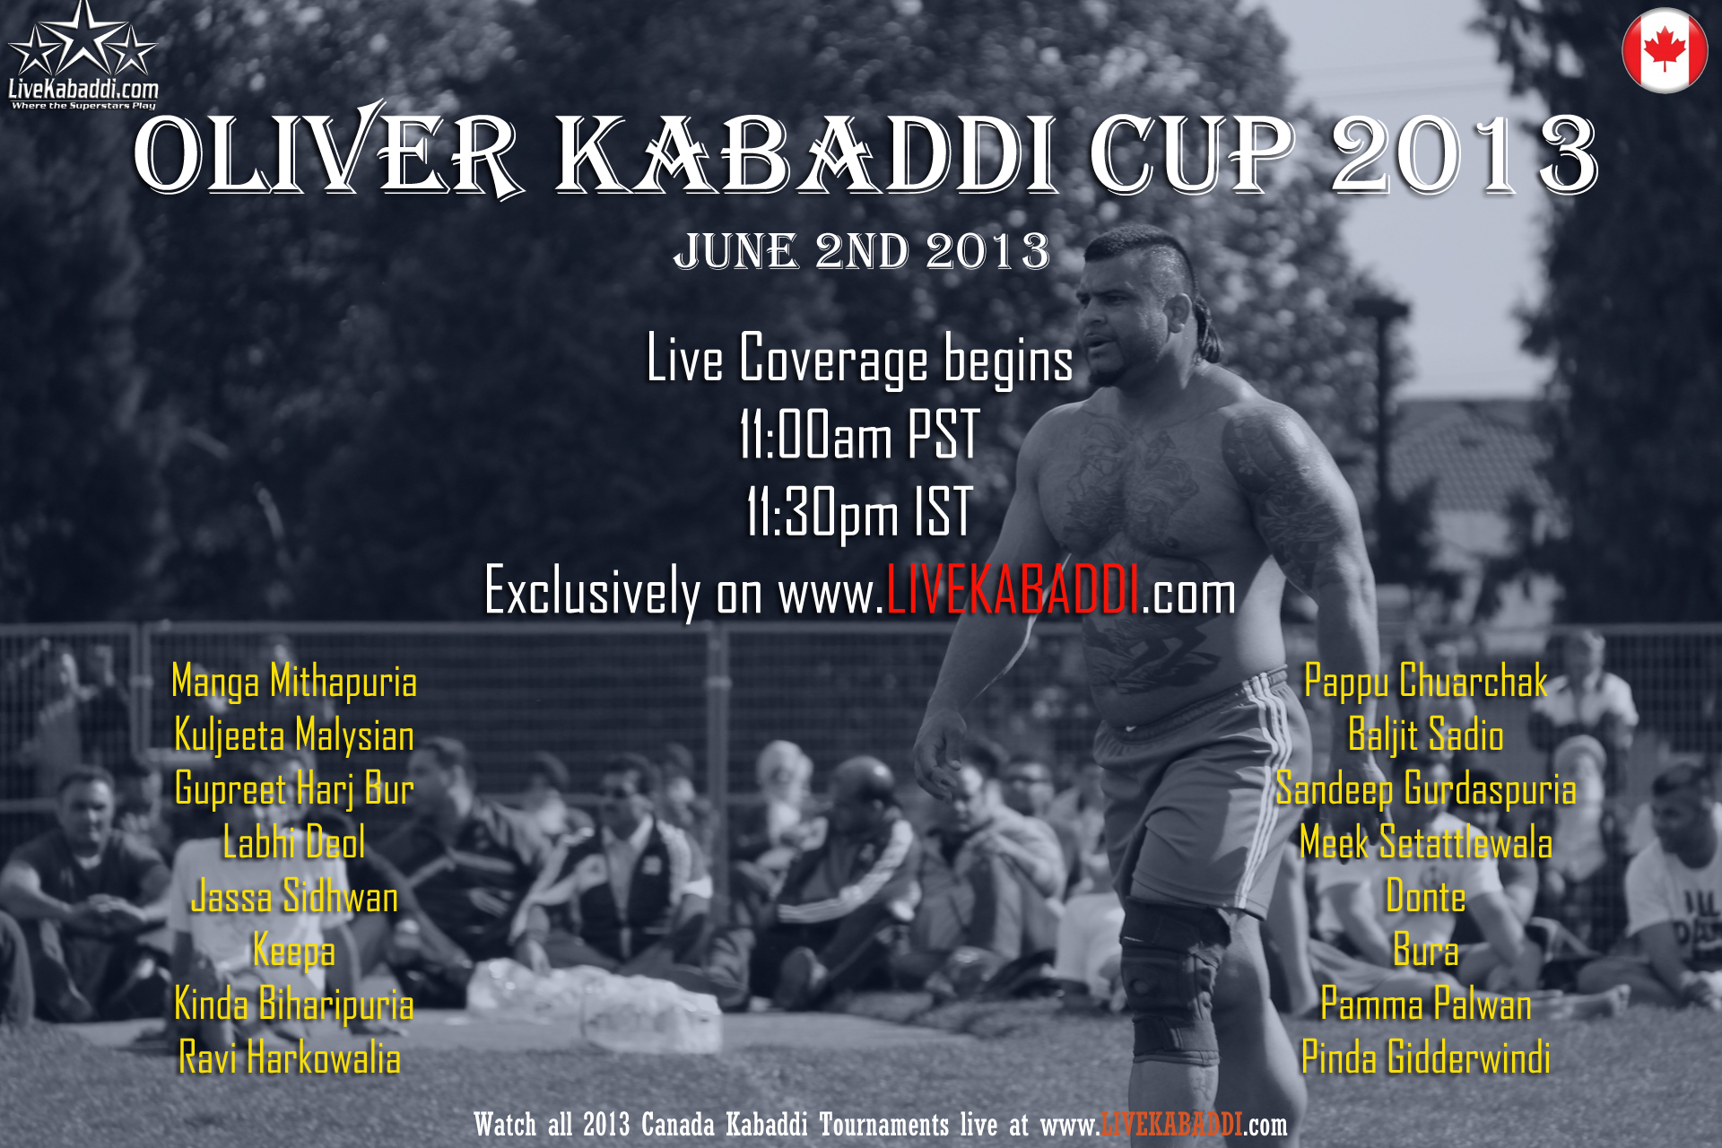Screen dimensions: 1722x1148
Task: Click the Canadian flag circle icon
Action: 1665,50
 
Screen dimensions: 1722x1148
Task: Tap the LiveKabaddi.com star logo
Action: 83,56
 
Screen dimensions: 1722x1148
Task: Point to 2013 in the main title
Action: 1465,155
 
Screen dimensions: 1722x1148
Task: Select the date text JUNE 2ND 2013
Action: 861,251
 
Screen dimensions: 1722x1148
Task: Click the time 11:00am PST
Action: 859,435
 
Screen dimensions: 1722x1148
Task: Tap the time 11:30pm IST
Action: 859,513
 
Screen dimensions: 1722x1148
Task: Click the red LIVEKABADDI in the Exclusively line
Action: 1013,591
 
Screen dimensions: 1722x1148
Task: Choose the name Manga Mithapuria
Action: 294,683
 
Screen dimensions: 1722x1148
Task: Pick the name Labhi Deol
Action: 294,843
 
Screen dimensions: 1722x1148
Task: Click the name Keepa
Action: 294,952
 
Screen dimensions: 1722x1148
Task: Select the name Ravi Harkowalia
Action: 290,1057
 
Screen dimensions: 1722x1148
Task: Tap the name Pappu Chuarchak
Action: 1426,682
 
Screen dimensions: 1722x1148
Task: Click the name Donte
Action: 1426,897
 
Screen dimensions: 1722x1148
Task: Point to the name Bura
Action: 1426,951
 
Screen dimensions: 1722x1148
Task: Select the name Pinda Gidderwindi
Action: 1426,1057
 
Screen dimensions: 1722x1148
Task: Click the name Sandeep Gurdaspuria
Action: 1426,789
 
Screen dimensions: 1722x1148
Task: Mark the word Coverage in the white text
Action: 833,360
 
